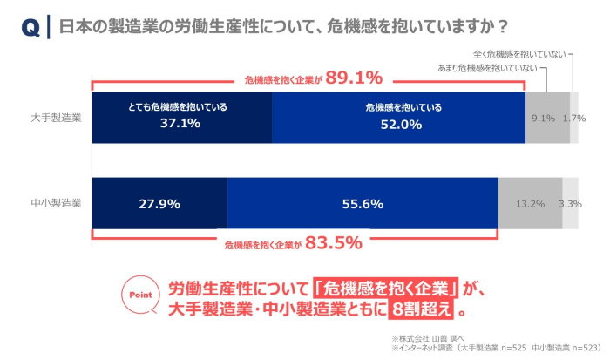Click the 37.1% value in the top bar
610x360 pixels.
pyautogui.click(x=181, y=124)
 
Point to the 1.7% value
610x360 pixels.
pyautogui.click(x=574, y=118)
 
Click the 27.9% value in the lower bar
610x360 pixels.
pyautogui.click(x=159, y=204)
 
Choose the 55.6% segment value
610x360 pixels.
pyautogui.click(x=363, y=204)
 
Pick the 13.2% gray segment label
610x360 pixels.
pyautogui.click(x=531, y=204)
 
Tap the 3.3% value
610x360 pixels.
pyautogui.click(x=570, y=204)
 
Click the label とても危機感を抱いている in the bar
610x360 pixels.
pyautogui.click(x=181, y=107)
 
